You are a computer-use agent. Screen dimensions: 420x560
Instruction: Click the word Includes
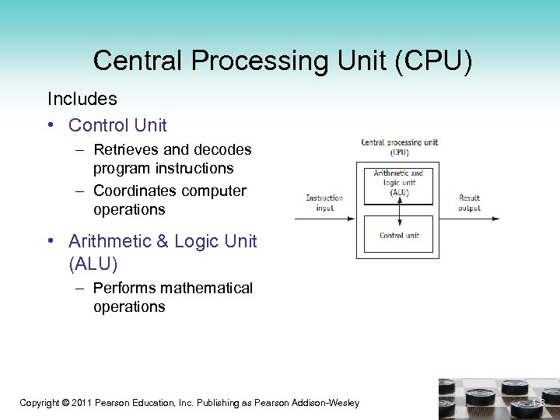82,100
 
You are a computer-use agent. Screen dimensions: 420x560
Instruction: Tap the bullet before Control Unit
51,125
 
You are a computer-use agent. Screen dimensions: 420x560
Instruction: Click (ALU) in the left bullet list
93,264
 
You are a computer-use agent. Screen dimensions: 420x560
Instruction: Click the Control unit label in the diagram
399,236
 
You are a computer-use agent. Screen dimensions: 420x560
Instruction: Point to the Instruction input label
324,203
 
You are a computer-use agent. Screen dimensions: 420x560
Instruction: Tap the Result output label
469,203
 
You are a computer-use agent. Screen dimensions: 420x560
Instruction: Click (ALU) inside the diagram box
398,192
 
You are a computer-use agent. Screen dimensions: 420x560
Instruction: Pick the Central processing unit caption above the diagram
399,146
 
